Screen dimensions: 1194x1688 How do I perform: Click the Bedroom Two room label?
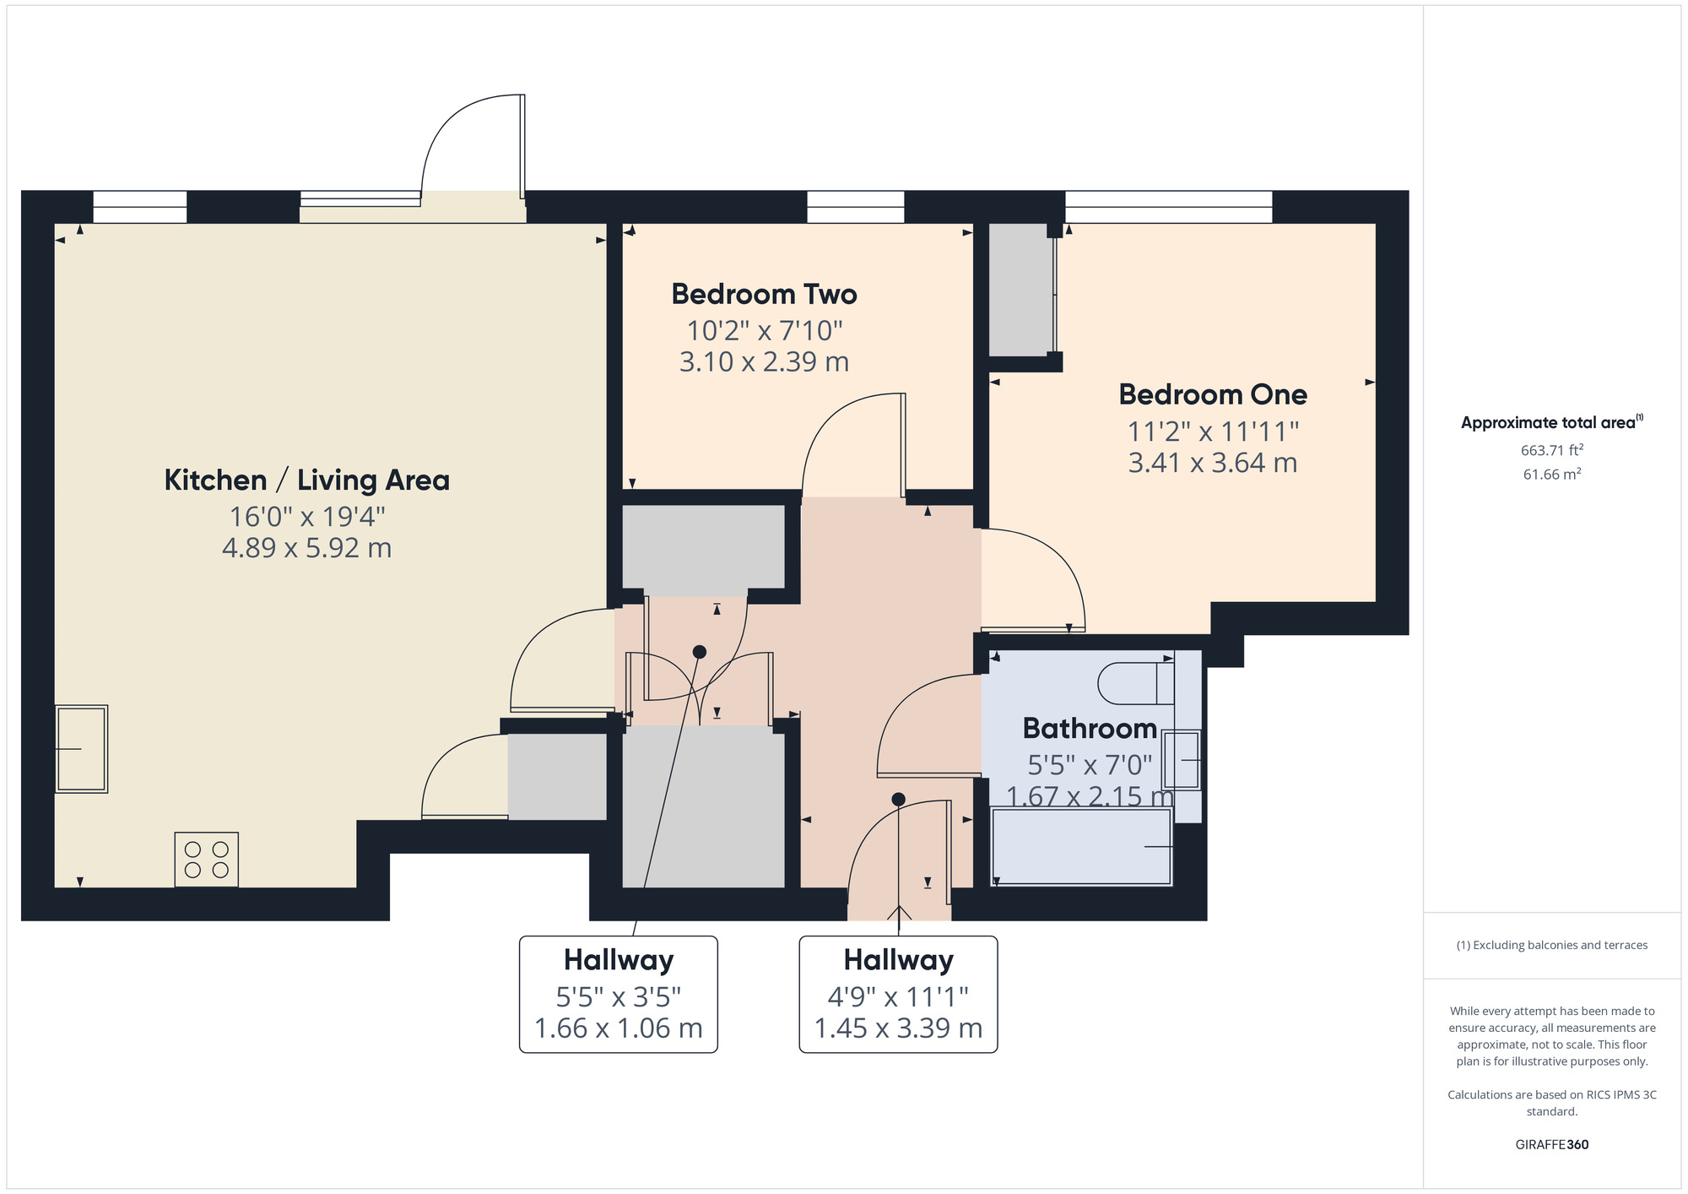[764, 294]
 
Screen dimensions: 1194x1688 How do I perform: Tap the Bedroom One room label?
[1213, 394]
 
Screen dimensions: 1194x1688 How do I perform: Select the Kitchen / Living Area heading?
[306, 480]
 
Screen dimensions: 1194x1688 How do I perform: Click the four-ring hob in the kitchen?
[207, 859]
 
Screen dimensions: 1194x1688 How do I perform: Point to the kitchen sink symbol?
[82, 749]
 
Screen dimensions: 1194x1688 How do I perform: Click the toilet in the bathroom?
[1135, 683]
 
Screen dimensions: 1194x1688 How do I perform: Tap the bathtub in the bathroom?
[1081, 846]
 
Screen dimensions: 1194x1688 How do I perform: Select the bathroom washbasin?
[1182, 760]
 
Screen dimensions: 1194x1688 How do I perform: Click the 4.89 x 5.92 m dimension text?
[306, 548]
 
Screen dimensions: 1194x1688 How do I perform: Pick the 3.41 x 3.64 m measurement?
[1213, 463]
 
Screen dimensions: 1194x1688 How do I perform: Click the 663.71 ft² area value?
[1551, 450]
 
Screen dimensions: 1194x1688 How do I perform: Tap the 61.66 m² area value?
[1551, 475]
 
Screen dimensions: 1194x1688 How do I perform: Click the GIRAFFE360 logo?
[1551, 1145]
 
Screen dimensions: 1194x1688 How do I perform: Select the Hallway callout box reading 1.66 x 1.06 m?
[619, 995]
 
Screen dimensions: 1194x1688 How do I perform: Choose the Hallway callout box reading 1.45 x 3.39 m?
[898, 995]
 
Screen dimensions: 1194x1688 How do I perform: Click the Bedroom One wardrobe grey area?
[1020, 289]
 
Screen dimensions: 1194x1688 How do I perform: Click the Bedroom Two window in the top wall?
[855, 206]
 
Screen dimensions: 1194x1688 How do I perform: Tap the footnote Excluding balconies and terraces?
[1551, 945]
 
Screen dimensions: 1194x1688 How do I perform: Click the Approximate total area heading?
[1550, 423]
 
